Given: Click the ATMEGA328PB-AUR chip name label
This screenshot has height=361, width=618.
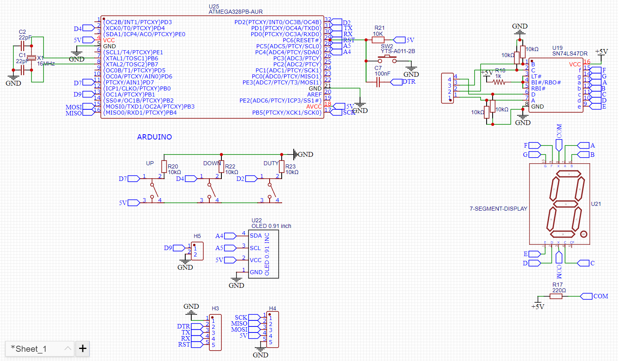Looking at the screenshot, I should (x=235, y=12).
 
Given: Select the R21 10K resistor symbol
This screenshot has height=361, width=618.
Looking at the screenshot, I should (x=378, y=40).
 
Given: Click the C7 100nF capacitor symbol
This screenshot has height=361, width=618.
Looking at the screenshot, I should (x=378, y=82).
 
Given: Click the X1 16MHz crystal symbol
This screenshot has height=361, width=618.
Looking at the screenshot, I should (x=31, y=58).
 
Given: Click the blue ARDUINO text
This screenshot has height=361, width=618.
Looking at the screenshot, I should (x=154, y=137).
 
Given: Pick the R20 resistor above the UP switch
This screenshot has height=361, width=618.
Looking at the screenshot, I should (x=164, y=166).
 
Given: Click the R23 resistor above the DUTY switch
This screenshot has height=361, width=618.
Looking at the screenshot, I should (x=282, y=166).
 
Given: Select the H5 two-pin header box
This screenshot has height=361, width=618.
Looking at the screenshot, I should (x=197, y=251).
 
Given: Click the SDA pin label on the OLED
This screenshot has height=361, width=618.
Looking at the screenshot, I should (x=256, y=236).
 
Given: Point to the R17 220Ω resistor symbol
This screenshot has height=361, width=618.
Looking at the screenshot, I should (x=556, y=296).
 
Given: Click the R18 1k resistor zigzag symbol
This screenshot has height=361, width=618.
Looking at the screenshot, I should (x=499, y=82).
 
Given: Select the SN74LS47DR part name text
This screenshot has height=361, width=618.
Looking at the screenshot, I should (x=569, y=53).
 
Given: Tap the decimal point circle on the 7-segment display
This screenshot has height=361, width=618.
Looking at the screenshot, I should (x=583, y=234).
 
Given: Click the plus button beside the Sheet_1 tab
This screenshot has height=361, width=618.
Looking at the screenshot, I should (x=83, y=349).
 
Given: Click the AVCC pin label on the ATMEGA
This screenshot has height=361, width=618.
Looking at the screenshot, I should (x=314, y=107).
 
